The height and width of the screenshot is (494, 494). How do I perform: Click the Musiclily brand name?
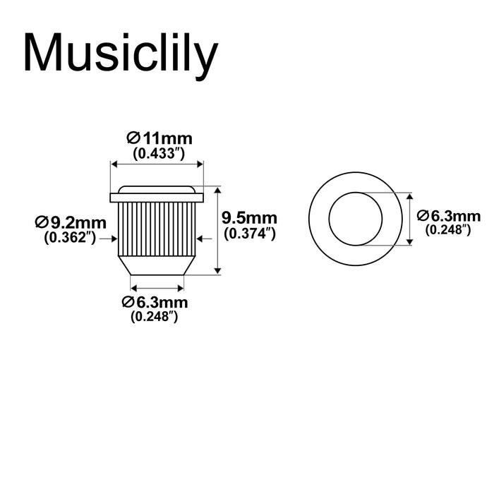coord(118,54)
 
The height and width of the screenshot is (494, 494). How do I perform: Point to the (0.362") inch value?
coord(70,238)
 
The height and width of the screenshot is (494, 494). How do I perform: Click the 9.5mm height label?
coord(249,218)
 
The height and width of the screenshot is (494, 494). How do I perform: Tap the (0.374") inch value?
coord(248,233)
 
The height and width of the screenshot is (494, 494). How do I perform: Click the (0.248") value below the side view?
coord(155,317)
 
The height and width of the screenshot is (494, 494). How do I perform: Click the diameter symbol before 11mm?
coord(132,138)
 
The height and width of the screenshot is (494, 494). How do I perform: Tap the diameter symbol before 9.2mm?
coord(40,224)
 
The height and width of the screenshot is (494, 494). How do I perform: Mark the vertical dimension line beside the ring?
coord(410,219)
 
